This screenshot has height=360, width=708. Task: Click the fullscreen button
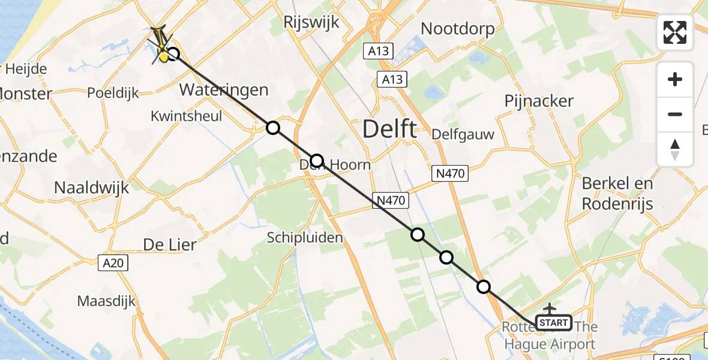click(x=675, y=32)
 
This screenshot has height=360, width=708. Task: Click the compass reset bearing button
click(x=675, y=149)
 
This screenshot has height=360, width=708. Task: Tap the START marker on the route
click(x=553, y=323)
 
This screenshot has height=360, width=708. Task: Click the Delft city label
click(x=390, y=129)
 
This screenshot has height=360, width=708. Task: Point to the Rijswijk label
click(x=312, y=23)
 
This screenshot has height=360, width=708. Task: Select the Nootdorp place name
click(x=458, y=28)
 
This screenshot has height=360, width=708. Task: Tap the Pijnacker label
click(x=539, y=101)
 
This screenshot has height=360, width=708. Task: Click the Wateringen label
click(x=224, y=90)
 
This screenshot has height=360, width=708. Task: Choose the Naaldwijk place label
click(x=91, y=187)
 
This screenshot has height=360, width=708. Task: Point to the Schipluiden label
click(x=305, y=238)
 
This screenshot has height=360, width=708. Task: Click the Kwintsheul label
click(x=187, y=116)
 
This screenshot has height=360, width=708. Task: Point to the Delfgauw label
click(x=464, y=134)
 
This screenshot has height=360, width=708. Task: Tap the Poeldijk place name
click(x=113, y=93)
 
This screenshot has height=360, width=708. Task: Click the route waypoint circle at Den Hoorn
click(x=317, y=161)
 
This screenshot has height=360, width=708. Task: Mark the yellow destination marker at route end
click(x=163, y=56)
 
